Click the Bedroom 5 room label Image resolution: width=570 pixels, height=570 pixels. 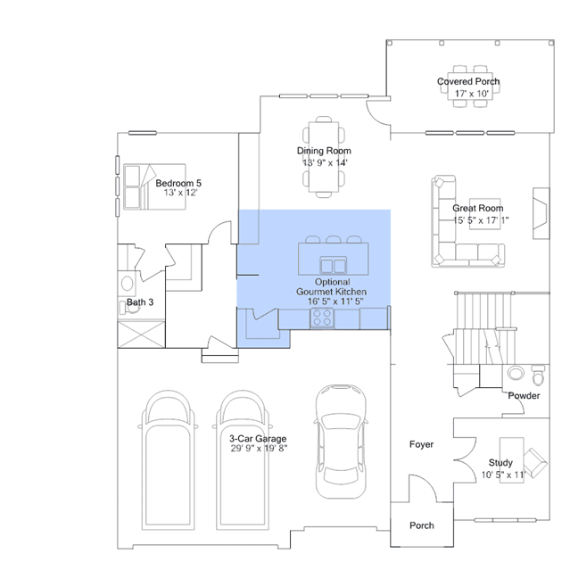tap(178, 183)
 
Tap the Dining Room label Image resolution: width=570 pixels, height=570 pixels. tap(324, 151)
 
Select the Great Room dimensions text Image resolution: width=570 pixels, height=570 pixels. tap(481, 220)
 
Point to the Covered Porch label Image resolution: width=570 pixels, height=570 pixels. tap(468, 81)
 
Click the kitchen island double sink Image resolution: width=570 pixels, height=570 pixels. tap(334, 265)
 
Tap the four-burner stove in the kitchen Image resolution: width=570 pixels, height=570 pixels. tap(322, 318)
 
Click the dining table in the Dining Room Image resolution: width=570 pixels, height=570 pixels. tap(324, 157)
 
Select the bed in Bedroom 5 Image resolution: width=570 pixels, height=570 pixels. tap(154, 186)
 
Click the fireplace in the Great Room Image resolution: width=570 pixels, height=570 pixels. tap(541, 213)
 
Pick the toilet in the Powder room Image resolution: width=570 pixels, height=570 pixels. tap(539, 376)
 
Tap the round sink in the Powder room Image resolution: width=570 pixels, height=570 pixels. tap(516, 373)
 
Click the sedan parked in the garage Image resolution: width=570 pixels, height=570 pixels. tap(341, 442)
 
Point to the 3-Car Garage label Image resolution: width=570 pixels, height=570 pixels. tap(258, 438)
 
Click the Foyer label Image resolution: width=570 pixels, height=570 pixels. tap(421, 444)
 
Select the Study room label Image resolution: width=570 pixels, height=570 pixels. tap(500, 462)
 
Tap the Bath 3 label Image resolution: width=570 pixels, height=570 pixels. tap(140, 302)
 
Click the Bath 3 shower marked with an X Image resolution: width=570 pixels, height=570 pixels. tap(142, 335)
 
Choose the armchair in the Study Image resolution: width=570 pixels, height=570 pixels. tap(535, 463)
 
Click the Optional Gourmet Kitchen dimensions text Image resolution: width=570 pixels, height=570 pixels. tap(335, 302)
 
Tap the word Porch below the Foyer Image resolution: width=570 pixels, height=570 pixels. tap(422, 525)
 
